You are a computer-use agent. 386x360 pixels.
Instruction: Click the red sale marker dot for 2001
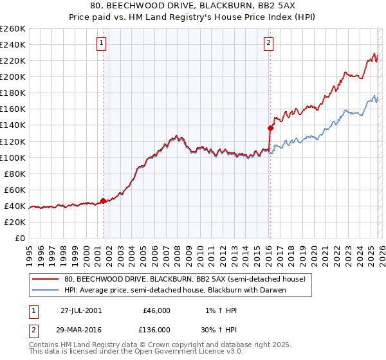104,201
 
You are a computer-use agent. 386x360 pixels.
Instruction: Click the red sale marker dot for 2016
270,128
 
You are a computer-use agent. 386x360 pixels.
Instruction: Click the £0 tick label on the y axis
19,238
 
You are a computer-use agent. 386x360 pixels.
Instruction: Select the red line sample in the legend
46,280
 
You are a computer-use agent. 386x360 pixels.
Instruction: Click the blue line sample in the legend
46,290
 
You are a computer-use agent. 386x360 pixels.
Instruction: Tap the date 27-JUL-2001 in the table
80,310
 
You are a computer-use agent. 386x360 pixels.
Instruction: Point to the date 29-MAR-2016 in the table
81,329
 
